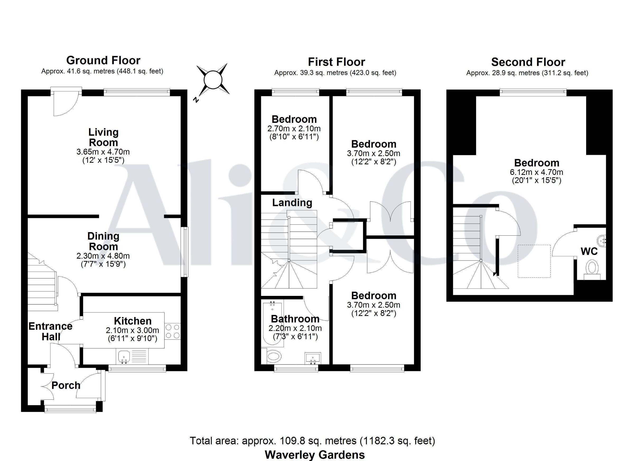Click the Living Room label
[104, 137]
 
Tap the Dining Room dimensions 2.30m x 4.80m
[103, 256]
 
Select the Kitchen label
[133, 321]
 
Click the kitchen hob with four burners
[173, 331]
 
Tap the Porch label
[66, 385]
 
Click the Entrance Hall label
[51, 331]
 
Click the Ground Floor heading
[103, 60]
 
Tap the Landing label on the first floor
[292, 203]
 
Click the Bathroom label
[295, 319]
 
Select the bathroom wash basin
[313, 358]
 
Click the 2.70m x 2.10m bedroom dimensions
[294, 129]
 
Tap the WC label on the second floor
[589, 252]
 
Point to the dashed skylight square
[534, 261]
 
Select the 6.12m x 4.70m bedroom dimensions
[537, 172]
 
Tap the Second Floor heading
[528, 62]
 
